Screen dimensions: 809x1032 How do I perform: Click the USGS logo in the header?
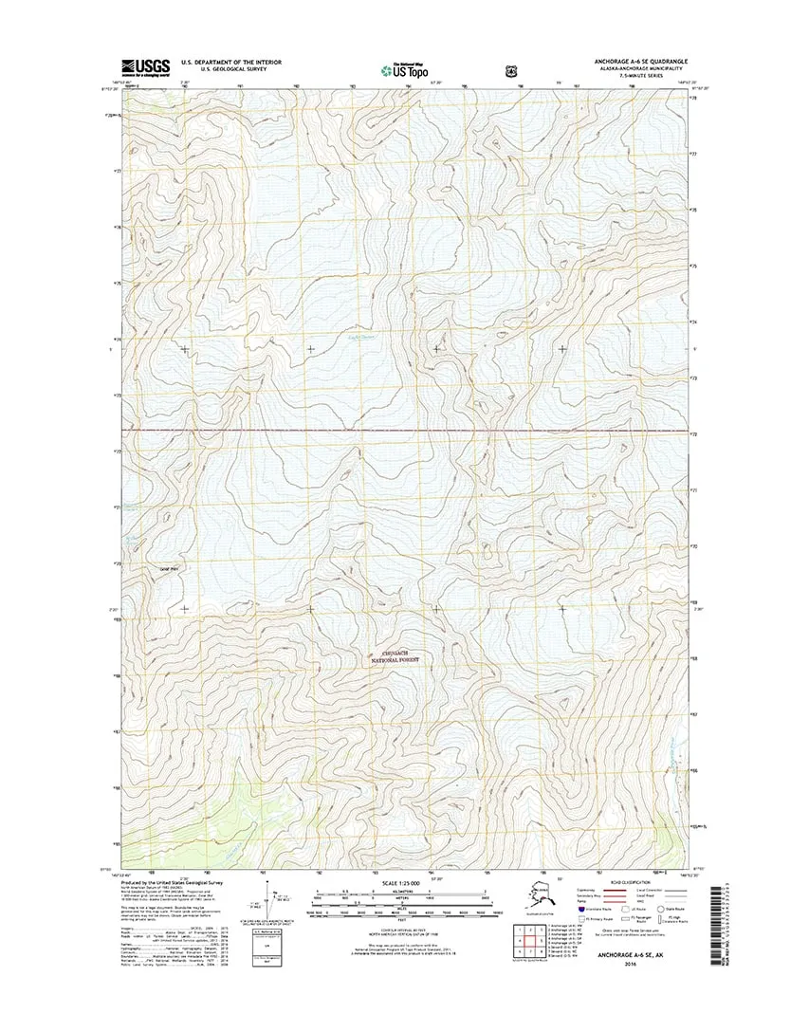pos(145,65)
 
